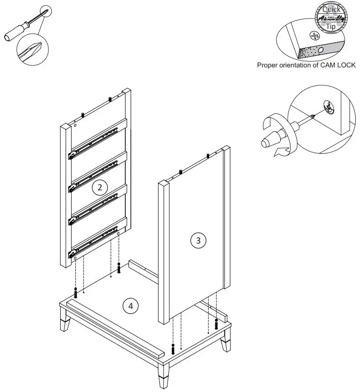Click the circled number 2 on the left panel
click(x=99, y=187)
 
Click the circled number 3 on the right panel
click(x=198, y=240)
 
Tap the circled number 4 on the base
click(x=130, y=306)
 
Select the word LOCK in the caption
click(x=345, y=65)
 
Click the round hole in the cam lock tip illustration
click(x=321, y=49)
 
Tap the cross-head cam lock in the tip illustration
click(x=312, y=35)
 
